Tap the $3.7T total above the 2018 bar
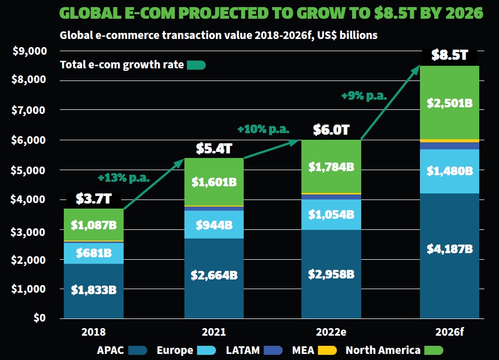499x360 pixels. pyautogui.click(x=94, y=199)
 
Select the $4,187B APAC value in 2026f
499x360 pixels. pyautogui.click(x=449, y=249)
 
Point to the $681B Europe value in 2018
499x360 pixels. pyautogui.click(x=94, y=252)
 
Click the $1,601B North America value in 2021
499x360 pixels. pyautogui.click(x=214, y=182)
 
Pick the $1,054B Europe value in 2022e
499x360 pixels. pyautogui.click(x=331, y=214)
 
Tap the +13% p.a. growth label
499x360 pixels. pyautogui.click(x=125, y=178)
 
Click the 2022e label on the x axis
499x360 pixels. pyautogui.click(x=331, y=333)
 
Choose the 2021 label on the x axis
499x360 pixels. pyautogui.click(x=213, y=333)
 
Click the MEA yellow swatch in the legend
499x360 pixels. pyautogui.click(x=330, y=350)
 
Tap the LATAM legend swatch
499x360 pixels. pyautogui.click(x=273, y=350)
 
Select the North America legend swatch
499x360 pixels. pyautogui.click(x=434, y=350)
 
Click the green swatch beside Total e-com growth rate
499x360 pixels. pyautogui.click(x=196, y=65)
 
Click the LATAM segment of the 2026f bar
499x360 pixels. pyautogui.click(x=449, y=146)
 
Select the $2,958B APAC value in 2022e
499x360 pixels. pyautogui.click(x=331, y=274)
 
